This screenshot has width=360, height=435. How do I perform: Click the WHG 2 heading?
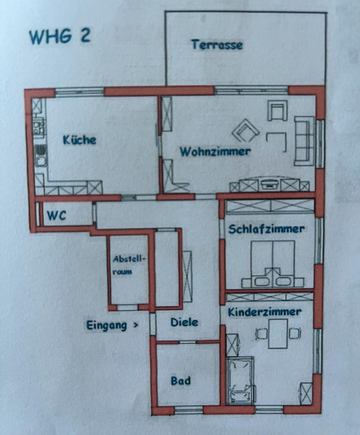[59, 36]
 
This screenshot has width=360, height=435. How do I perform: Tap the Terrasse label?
[217, 45]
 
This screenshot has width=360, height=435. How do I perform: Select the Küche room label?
[80, 140]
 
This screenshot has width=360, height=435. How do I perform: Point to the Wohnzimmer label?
[215, 151]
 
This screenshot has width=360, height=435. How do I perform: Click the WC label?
[57, 216]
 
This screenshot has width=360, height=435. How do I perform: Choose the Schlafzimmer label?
[266, 229]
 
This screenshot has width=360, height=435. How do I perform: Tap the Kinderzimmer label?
[264, 312]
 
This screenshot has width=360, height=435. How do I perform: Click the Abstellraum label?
[129, 266]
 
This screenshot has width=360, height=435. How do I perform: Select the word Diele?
[184, 323]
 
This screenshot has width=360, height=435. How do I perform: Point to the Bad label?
[180, 381]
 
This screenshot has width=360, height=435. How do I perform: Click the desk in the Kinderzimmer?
[277, 333]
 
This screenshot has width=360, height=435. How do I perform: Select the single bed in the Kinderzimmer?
[241, 379]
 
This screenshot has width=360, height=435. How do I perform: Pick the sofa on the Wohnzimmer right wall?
[304, 140]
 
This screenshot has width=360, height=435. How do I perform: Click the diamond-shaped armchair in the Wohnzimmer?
[245, 131]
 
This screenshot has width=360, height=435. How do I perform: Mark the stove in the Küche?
[39, 125]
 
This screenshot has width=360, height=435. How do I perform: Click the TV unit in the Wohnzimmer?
[270, 184]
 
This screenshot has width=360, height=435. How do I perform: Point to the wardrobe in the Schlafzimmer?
[270, 206]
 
